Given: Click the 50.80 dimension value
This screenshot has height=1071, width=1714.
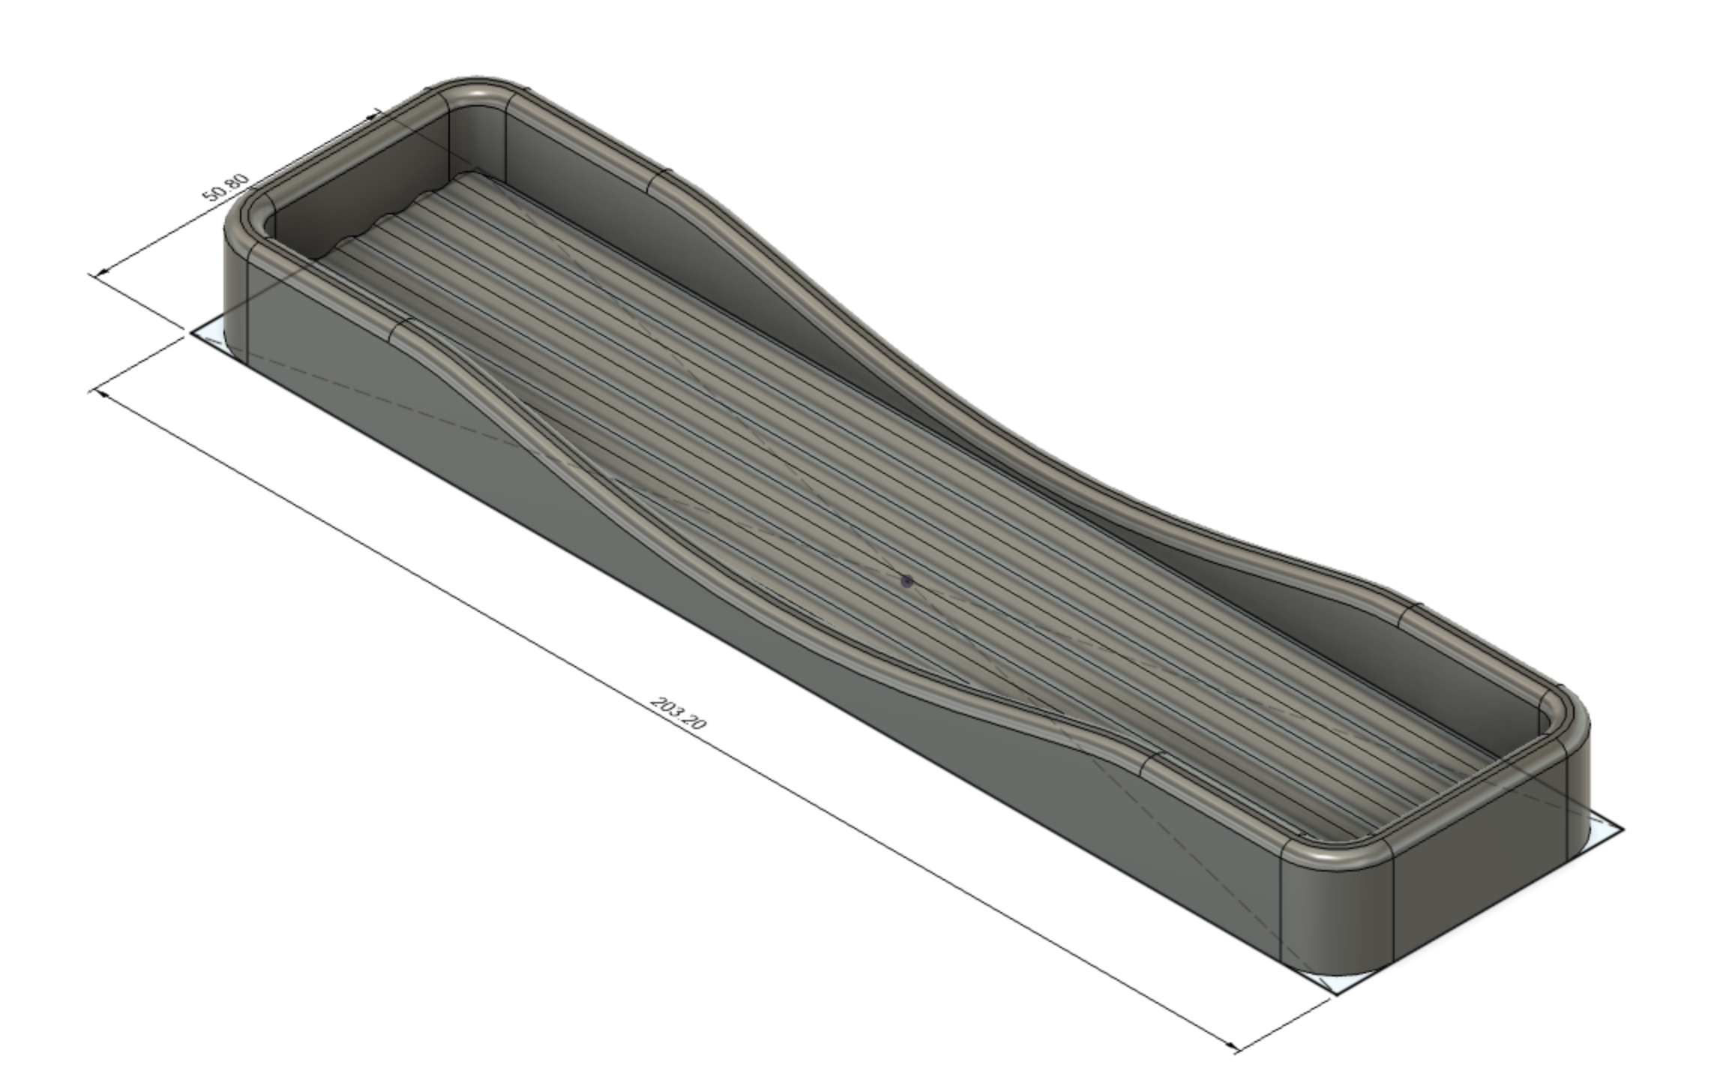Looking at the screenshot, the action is click(226, 187).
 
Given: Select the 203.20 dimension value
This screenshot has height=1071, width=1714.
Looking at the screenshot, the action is click(678, 713).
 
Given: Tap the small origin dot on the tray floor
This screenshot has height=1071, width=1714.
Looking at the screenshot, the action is click(907, 580).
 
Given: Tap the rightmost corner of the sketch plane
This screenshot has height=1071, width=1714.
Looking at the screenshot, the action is click(1622, 829).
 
